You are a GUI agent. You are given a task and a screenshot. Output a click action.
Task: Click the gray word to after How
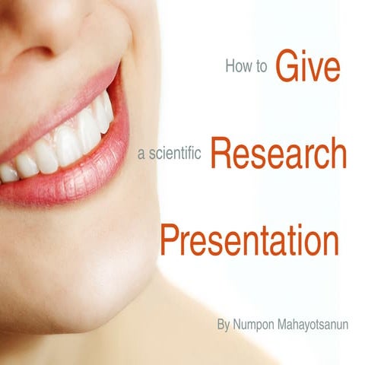tap(262, 67)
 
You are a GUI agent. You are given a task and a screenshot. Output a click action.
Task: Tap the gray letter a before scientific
tap(141, 154)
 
